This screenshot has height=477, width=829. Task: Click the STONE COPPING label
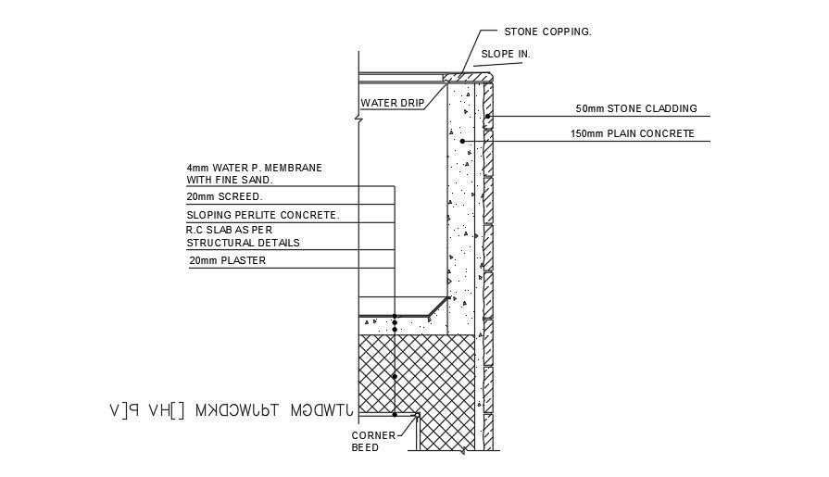pyautogui.click(x=547, y=31)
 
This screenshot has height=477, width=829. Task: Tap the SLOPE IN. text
pyautogui.click(x=505, y=55)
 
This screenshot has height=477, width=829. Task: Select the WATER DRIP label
pyautogui.click(x=392, y=103)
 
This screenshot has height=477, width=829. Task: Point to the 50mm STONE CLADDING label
pyautogui.click(x=635, y=108)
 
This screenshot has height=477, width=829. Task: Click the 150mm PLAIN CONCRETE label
pyautogui.click(x=633, y=133)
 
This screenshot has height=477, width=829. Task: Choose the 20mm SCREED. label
pyautogui.click(x=225, y=197)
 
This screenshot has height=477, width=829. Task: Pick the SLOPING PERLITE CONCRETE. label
pyautogui.click(x=263, y=215)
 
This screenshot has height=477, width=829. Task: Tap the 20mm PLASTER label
pyautogui.click(x=227, y=260)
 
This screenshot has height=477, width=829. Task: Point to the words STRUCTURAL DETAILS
pyautogui.click(x=243, y=243)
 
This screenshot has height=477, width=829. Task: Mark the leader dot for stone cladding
pyautogui.click(x=487, y=116)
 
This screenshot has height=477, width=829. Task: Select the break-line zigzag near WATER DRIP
pyautogui.click(x=358, y=117)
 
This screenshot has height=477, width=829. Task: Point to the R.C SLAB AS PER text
pyautogui.click(x=230, y=229)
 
